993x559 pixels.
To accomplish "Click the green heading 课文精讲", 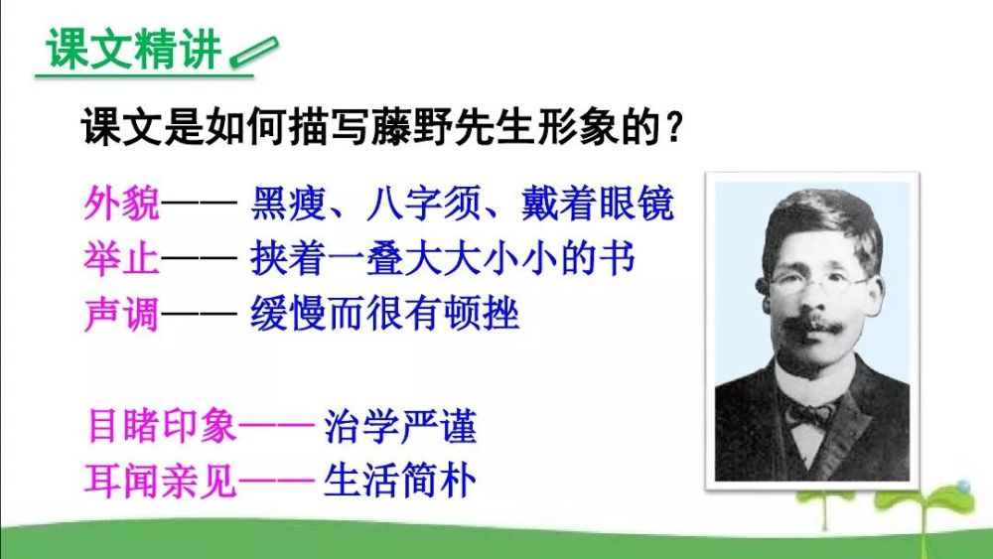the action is coord(133,49).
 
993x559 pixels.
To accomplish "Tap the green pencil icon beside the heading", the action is coord(254,52).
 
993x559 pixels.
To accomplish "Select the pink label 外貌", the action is coord(121,204).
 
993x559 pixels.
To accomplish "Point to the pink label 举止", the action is coord(121,258).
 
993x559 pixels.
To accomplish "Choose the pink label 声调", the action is coord(121,314).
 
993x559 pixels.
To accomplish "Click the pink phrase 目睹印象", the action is coord(162,425).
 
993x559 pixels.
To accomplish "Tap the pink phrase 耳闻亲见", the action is coord(161,482).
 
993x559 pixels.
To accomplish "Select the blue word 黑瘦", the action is coord(288,204).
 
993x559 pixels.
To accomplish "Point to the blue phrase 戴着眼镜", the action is coord(598,204).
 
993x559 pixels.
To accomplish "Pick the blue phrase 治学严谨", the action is coord(400,425).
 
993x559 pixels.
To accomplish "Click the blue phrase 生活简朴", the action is coord(400,482).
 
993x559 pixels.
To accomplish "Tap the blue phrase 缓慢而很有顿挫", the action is coord(385,314).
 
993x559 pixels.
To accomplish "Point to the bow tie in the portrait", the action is coord(808,415).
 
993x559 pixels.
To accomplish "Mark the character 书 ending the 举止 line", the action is coord(618,258).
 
